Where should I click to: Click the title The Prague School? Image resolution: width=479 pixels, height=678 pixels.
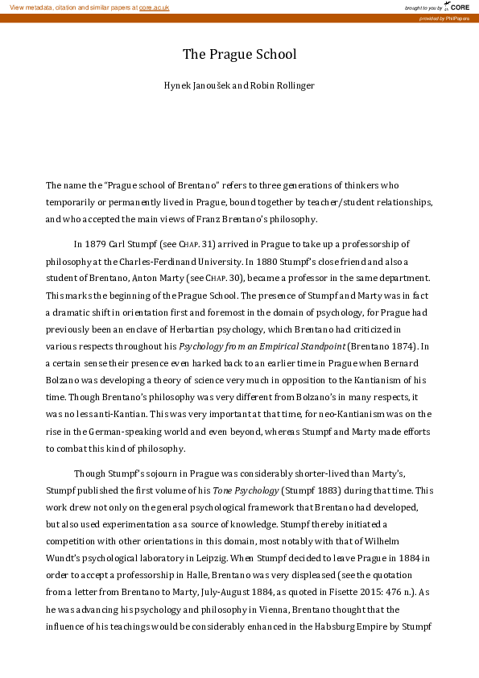pos(239,55)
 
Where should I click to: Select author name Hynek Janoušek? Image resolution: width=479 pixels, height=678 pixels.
pos(193,85)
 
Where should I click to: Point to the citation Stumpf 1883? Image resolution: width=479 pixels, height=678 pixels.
pos(309,490)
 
